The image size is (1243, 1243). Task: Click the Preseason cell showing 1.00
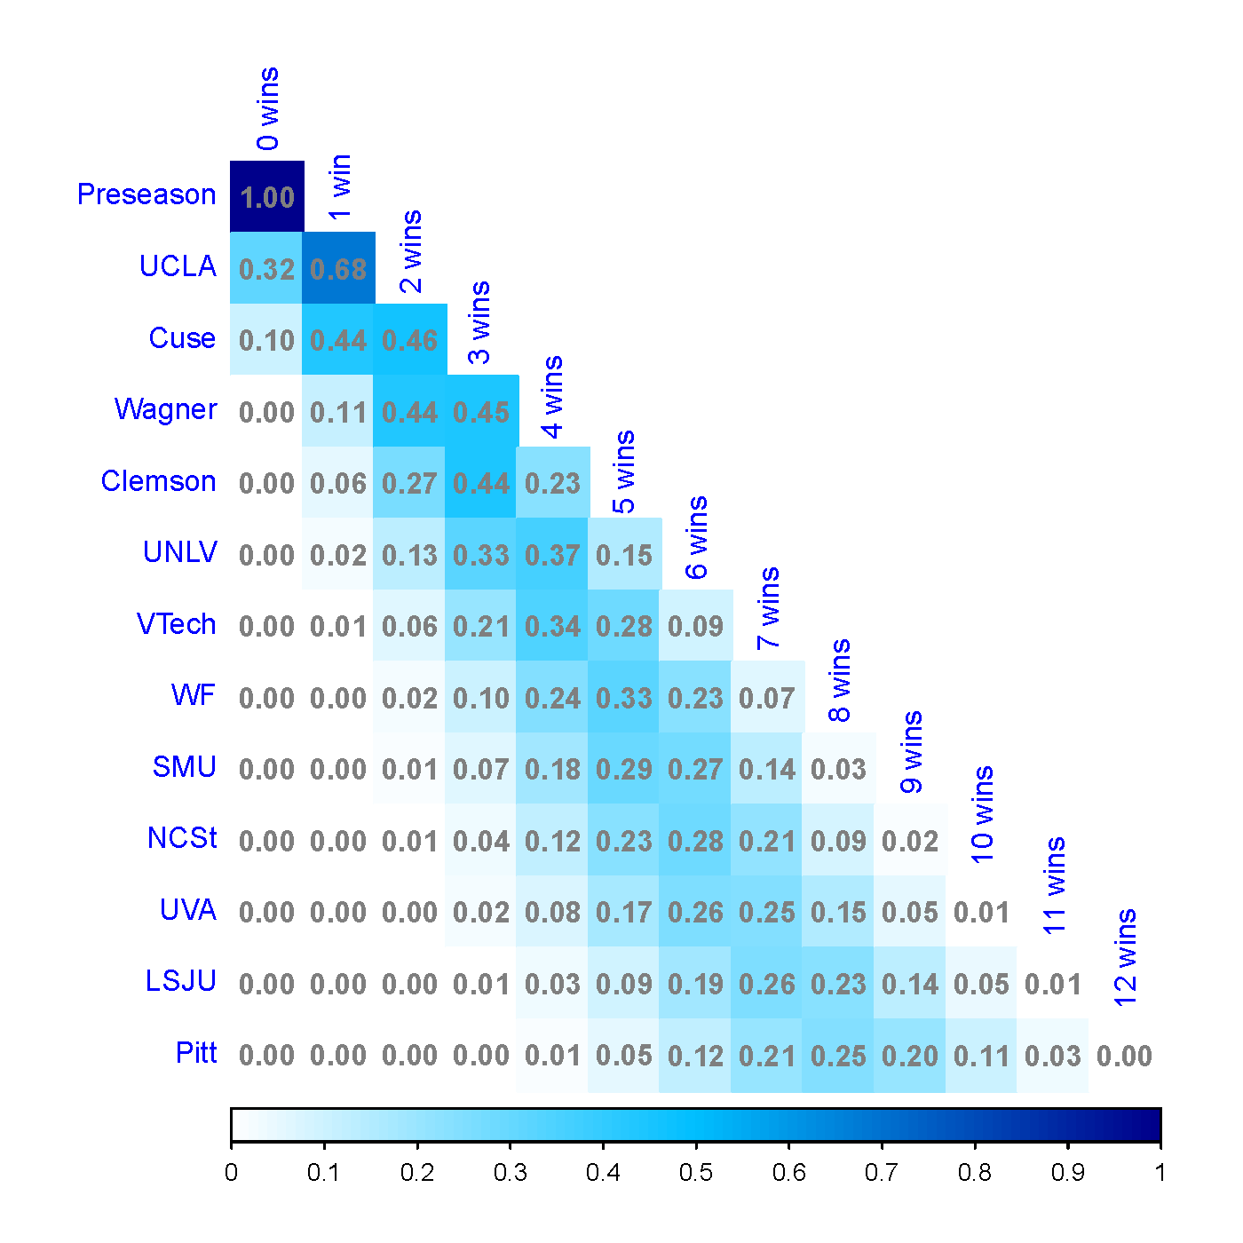(x=267, y=196)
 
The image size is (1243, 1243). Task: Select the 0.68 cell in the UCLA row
(x=338, y=268)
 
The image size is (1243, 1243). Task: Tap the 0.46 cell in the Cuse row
(x=410, y=339)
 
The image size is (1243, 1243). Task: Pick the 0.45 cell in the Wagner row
(x=482, y=411)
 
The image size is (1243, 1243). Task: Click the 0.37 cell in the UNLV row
(x=553, y=554)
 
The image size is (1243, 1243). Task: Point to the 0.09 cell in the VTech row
(x=696, y=625)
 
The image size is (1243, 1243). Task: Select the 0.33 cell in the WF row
(x=624, y=697)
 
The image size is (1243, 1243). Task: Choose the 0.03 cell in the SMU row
(x=839, y=768)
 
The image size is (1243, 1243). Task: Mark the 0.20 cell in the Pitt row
(x=910, y=1056)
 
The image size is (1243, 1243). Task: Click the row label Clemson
(x=159, y=481)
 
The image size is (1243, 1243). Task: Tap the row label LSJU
(x=180, y=981)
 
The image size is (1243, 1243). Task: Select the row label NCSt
(x=182, y=838)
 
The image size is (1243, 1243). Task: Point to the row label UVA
(x=187, y=909)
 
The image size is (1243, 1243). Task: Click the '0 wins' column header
(x=268, y=108)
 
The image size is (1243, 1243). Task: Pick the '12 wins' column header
(x=1126, y=958)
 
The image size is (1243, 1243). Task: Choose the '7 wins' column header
(x=768, y=608)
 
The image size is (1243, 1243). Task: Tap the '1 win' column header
(x=339, y=187)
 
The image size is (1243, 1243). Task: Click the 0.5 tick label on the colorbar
(x=696, y=1173)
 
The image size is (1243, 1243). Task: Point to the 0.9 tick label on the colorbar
(x=1068, y=1173)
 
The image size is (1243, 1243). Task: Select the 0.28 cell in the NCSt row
(x=696, y=840)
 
